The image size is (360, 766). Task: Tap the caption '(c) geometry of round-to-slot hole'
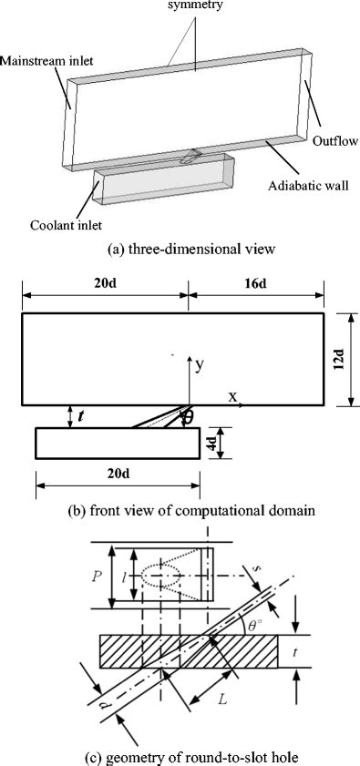[x=180, y=755]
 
